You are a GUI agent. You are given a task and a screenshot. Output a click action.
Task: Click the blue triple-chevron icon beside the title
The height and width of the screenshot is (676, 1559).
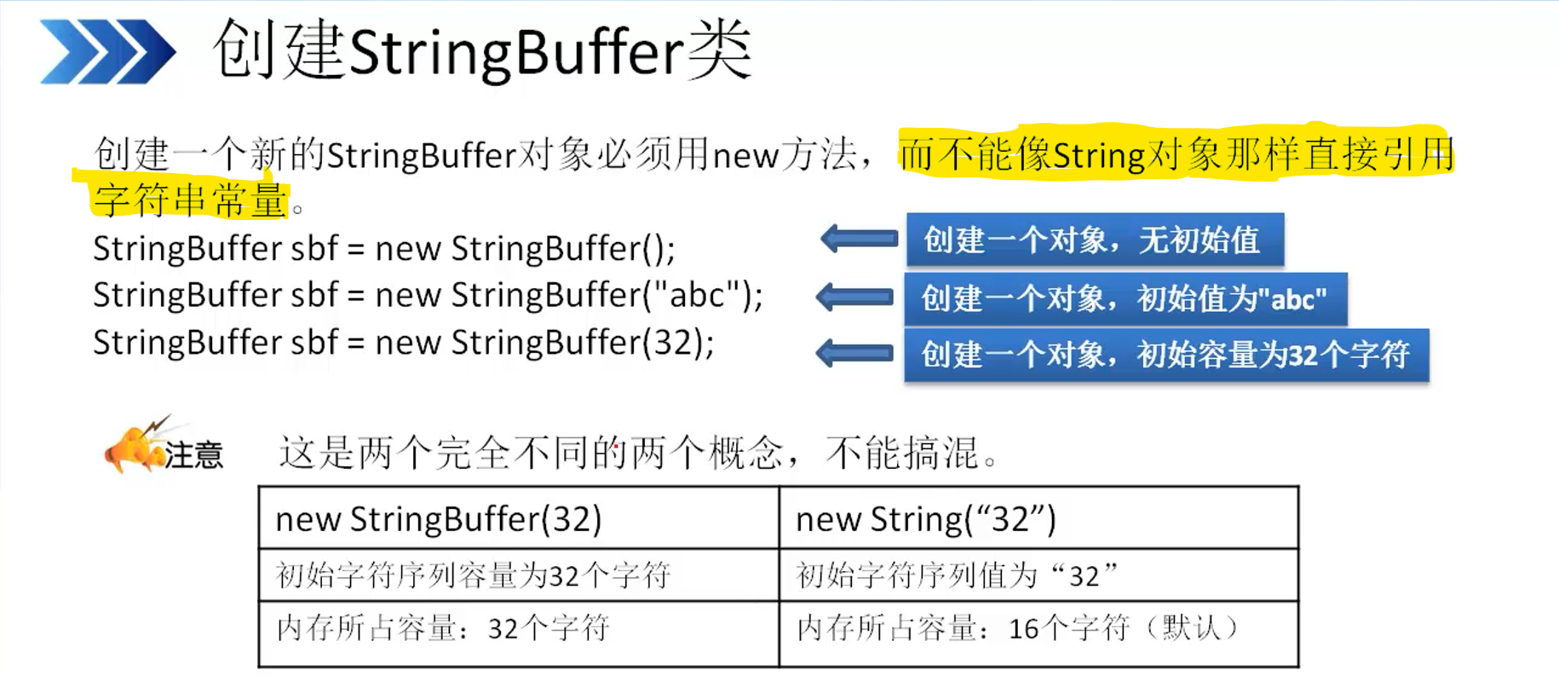tap(107, 51)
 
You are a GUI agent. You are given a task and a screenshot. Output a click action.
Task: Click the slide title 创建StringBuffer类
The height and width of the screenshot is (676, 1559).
tap(482, 50)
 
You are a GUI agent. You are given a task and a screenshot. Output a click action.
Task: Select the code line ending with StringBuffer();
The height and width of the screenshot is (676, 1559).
tap(384, 249)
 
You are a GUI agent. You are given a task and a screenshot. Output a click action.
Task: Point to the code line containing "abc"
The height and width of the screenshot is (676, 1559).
tap(429, 296)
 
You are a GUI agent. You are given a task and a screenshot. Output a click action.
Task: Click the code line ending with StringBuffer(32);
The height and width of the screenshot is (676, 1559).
tap(404, 343)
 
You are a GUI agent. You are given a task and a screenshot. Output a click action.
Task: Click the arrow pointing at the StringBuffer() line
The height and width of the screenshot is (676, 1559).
tap(859, 239)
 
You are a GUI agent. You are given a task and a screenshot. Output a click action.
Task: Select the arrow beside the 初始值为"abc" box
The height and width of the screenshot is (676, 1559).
tap(854, 298)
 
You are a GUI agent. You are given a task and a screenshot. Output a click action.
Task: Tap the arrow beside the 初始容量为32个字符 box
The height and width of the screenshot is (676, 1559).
tap(854, 353)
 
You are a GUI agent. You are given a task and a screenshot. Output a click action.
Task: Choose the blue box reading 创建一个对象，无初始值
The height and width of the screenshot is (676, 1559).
tap(1095, 240)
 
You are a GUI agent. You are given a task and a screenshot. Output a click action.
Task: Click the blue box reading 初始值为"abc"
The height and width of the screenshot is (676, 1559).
tap(1125, 298)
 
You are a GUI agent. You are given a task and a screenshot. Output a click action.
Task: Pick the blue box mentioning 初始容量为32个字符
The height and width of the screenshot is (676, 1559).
tap(1166, 355)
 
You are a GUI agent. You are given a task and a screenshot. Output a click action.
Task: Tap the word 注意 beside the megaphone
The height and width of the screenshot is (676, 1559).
tap(194, 455)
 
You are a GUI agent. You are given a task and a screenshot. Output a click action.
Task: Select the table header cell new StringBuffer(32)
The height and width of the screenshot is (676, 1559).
tap(519, 518)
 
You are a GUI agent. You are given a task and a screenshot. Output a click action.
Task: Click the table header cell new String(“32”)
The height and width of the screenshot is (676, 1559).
tap(1038, 518)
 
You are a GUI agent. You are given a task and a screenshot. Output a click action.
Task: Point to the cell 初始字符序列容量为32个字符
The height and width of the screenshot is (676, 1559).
tap(519, 575)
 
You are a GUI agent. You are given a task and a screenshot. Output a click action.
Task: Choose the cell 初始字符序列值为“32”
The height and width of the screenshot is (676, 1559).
tap(1038, 575)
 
